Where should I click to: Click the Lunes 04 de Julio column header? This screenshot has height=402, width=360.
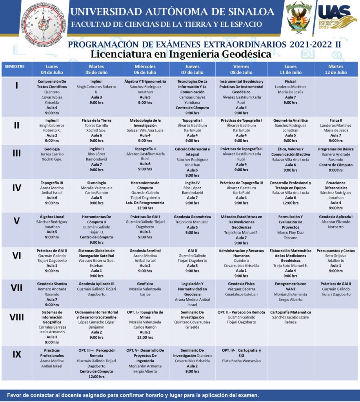click(x=52, y=69)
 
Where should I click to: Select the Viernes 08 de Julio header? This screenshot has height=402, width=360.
click(x=241, y=69)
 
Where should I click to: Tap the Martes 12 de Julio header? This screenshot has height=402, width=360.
click(x=336, y=69)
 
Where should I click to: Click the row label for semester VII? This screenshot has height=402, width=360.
click(x=16, y=288)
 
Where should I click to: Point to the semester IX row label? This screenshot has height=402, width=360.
click(x=16, y=354)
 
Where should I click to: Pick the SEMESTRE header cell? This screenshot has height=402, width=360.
click(x=15, y=66)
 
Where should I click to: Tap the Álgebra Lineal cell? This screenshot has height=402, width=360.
click(x=52, y=227)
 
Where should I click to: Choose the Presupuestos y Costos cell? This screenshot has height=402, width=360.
click(x=336, y=260)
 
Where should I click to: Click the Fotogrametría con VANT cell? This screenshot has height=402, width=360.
click(x=291, y=291)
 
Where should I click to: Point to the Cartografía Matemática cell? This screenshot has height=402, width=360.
click(x=291, y=317)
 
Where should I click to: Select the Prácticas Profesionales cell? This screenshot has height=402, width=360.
click(x=52, y=358)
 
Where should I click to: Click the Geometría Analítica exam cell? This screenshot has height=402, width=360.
click(x=291, y=130)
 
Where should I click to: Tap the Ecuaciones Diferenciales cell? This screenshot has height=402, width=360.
click(x=336, y=195)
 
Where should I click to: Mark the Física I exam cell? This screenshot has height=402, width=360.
click(x=291, y=92)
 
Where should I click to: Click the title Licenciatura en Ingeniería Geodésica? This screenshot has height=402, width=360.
click(x=181, y=54)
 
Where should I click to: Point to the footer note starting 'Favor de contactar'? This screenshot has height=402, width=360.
click(x=133, y=395)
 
